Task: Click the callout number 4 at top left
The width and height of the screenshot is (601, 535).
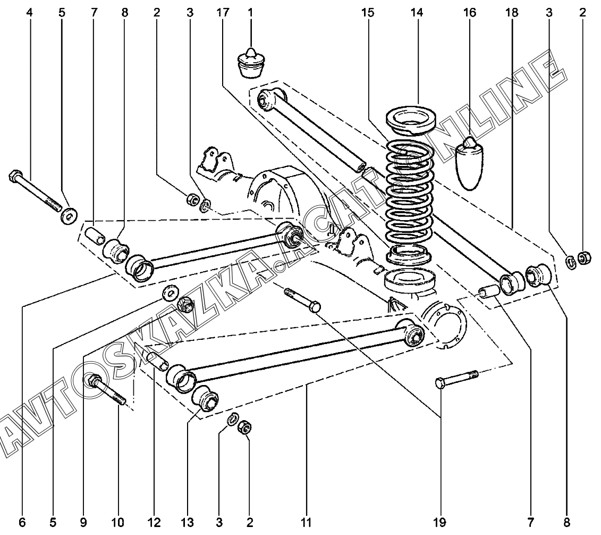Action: coord(30,13)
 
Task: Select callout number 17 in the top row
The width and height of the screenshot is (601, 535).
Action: coord(222,13)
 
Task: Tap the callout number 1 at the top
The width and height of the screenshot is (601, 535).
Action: coord(250,13)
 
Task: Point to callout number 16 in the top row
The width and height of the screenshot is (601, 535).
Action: coord(470,13)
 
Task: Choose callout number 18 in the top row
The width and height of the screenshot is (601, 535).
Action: coord(512,13)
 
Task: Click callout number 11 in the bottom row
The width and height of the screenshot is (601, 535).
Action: coord(306,522)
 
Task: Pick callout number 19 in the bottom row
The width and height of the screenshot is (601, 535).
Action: coord(439,522)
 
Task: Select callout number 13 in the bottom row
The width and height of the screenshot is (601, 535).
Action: coord(188,522)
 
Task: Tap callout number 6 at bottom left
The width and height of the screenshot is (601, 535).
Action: coord(22,522)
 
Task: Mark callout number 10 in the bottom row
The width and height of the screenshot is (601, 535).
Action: coord(117,522)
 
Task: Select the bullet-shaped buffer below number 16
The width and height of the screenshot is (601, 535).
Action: coord(470,164)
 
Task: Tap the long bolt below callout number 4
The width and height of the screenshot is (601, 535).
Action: coord(34,191)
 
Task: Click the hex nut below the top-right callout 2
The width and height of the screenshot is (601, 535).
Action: coord(583,258)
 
